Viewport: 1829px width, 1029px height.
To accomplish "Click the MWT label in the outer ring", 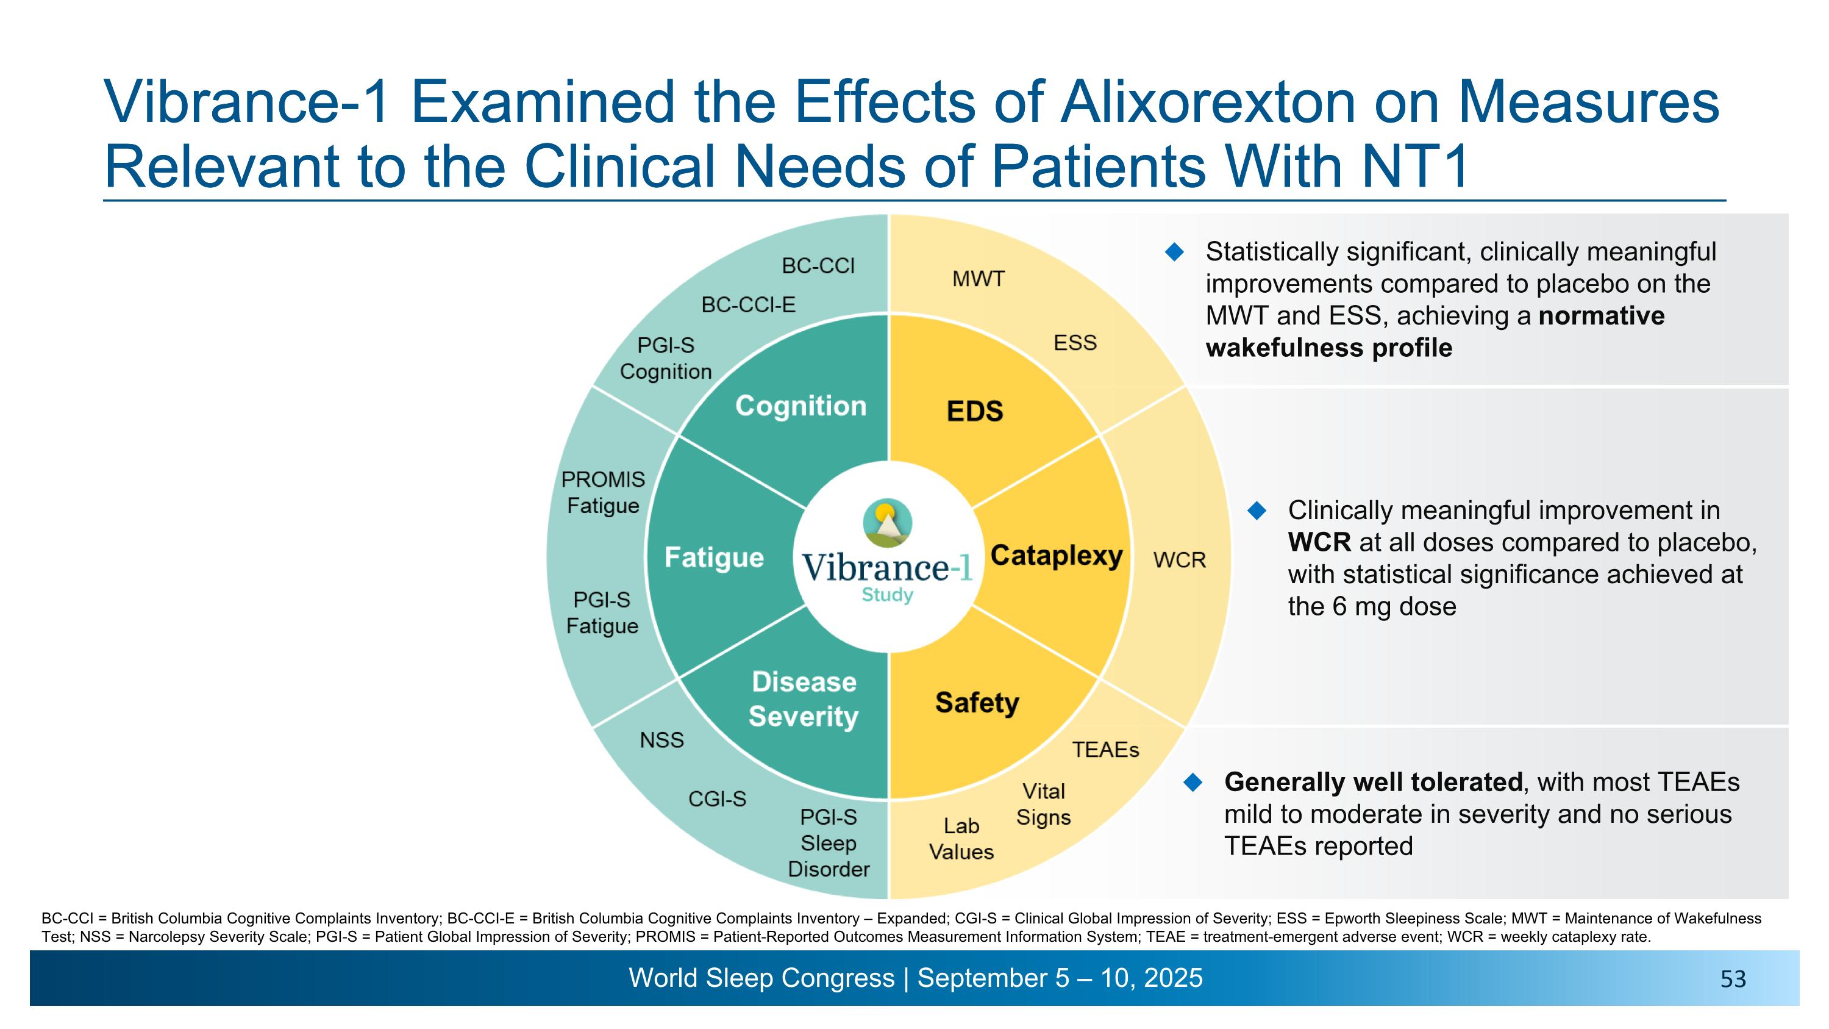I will pos(978,279).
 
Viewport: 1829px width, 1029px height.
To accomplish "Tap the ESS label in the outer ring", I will pos(1075,343).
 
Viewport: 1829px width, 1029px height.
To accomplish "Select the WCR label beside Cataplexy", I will pos(1179,561).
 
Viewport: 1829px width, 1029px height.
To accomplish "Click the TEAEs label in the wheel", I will pos(1105,750).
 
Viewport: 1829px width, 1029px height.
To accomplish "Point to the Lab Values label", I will pos(961,839).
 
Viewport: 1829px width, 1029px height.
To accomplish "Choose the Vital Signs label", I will pos(1043,804).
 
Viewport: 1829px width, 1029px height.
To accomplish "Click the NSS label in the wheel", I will pos(661,740).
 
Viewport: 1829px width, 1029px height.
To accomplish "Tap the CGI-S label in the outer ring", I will pos(717,799).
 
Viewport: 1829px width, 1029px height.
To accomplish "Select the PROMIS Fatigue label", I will pos(603,493).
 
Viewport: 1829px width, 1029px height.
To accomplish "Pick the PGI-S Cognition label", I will pos(665,358).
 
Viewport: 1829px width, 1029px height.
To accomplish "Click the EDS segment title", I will pos(975,411).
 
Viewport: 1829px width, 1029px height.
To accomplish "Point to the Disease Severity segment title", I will pos(804,699).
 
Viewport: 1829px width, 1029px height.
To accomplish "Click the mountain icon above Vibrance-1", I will pos(887,523).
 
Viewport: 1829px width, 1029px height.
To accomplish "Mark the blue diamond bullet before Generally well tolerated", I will pos(1194,783).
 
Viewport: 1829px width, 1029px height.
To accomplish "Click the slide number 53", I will pos(1733,980).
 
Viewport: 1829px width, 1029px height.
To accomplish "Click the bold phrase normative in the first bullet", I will pos(1601,316).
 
